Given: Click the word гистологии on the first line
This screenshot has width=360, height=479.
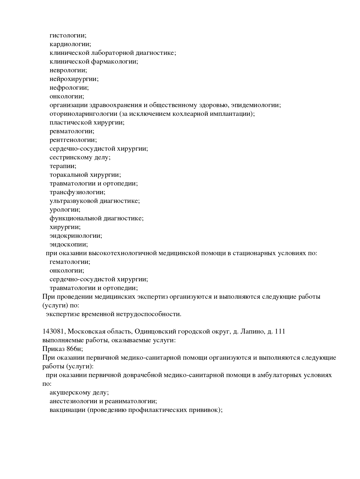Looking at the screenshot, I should click(68, 36).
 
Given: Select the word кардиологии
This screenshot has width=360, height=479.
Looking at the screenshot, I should click(70, 44).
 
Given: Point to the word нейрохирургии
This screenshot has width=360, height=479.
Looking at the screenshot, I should click(74, 79).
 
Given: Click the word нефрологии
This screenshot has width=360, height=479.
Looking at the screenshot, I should click(69, 88).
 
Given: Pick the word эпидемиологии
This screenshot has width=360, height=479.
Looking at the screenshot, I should click(255, 105).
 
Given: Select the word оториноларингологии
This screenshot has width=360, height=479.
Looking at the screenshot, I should click(83, 114).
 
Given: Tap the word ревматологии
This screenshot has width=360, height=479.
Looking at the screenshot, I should click(72, 132).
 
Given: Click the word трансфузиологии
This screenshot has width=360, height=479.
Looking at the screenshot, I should click(77, 192).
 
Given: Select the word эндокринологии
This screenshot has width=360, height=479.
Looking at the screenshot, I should click(75, 236).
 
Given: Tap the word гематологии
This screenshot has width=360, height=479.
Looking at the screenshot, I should click(70, 262).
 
